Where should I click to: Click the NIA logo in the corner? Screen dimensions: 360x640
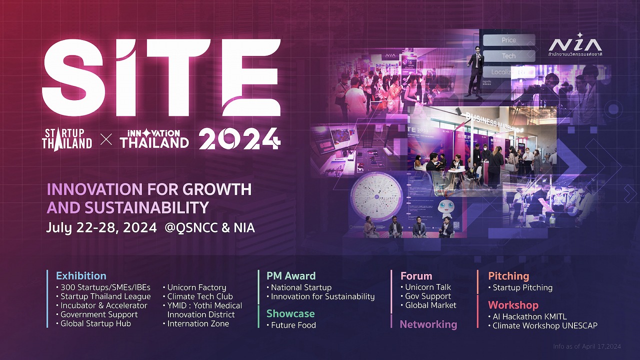tap(575, 44)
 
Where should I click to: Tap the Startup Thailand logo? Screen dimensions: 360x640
tap(67, 138)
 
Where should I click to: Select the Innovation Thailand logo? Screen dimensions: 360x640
tap(154, 139)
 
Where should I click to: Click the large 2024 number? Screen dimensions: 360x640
tap(239, 138)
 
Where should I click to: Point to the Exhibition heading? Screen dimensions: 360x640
tap(81, 275)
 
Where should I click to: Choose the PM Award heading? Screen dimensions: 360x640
tap(291, 275)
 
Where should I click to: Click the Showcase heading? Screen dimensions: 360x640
tap(290, 313)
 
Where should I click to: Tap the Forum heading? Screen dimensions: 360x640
tap(416, 275)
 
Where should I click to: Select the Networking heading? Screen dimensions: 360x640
tap(428, 324)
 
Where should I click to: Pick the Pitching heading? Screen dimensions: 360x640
tap(508, 275)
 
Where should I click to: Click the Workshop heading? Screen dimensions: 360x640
tap(513, 304)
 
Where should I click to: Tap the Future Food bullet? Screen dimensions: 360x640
tap(293, 325)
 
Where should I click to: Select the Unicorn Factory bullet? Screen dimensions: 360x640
tap(196, 287)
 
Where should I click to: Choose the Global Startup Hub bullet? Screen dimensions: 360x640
tap(95, 323)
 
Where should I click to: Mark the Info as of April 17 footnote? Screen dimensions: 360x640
tap(586, 346)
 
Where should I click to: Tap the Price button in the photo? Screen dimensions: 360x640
tap(508, 40)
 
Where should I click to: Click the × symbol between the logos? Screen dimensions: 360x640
tap(106, 139)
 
